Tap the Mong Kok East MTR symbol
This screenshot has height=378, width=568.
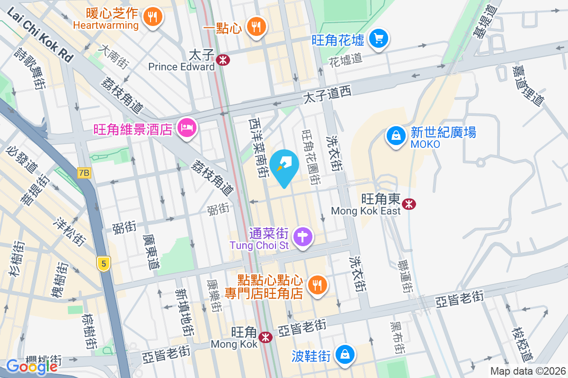pos(408,204)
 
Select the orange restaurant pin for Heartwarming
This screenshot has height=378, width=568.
pos(152,18)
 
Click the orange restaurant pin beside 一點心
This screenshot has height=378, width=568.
pos(256,27)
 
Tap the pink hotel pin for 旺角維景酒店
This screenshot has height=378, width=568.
pos(186,128)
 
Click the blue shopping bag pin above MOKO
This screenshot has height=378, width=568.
pos(395,136)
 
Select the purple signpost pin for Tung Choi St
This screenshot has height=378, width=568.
pos(303,236)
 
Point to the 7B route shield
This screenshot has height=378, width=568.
pos(84,173)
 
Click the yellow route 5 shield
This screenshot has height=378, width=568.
pos(103,263)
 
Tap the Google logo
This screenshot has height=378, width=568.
pos(32,366)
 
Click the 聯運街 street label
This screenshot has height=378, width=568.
pos(405,276)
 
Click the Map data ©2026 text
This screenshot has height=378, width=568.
pos(528,371)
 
